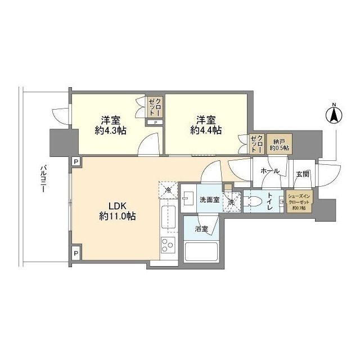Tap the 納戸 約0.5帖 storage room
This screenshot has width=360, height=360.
coord(277,144)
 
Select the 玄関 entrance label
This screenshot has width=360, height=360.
coord(302,174)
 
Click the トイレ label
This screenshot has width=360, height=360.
coord(271,203)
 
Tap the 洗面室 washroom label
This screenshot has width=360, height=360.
coord(209,200)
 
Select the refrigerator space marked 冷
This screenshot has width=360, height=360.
coord(168,190)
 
